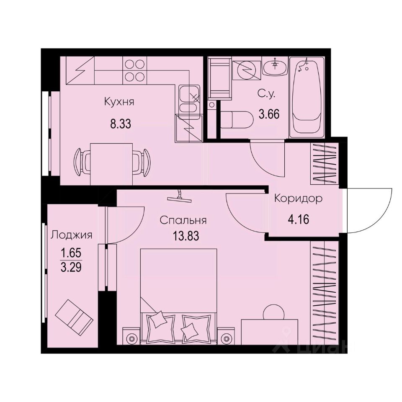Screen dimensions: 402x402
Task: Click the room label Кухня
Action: pyautogui.click(x=119, y=102)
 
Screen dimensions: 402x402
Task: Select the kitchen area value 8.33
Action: pyautogui.click(x=119, y=124)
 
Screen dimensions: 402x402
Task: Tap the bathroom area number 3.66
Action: pyautogui.click(x=268, y=113)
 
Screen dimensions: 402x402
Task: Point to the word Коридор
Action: pyautogui.click(x=298, y=198)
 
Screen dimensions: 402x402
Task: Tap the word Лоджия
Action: pyautogui.click(x=71, y=235)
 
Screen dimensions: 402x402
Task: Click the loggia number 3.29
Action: pyautogui.click(x=70, y=268)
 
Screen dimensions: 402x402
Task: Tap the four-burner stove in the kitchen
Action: pyautogui.click(x=134, y=70)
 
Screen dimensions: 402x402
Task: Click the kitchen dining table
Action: pyautogui.click(x=112, y=163)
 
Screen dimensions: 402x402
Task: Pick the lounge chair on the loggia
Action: pyautogui.click(x=74, y=314)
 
